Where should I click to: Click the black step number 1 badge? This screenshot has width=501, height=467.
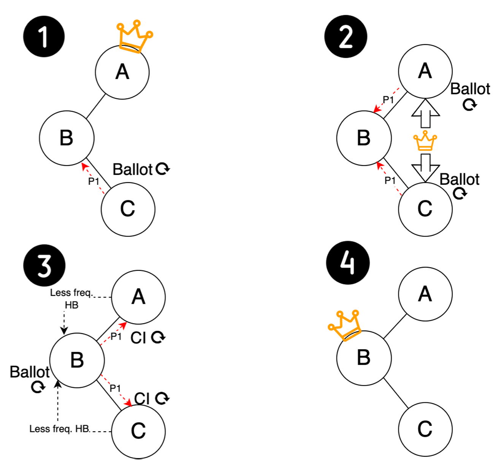click(x=44, y=37)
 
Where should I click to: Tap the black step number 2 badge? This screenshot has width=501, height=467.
click(x=346, y=37)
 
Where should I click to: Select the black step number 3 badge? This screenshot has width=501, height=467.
click(x=44, y=265)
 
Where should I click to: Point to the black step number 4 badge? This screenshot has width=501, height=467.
click(x=347, y=263)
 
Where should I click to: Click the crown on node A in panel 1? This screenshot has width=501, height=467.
click(x=134, y=36)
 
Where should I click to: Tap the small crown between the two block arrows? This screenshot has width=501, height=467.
click(x=425, y=141)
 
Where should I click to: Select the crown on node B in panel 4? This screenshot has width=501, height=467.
click(x=344, y=325)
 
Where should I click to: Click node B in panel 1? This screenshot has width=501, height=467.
click(x=67, y=138)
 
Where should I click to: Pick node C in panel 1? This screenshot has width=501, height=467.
click(x=128, y=209)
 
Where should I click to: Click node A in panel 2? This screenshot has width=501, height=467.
click(x=425, y=71)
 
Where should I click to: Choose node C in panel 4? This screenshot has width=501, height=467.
click(x=425, y=429)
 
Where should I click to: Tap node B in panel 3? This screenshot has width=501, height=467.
click(x=77, y=360)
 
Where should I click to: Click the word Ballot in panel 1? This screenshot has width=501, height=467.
click(x=132, y=170)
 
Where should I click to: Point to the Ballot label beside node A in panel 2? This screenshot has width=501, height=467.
click(x=470, y=89)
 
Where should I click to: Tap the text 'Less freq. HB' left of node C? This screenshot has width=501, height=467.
click(x=60, y=429)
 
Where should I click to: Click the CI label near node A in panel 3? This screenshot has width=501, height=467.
click(x=138, y=338)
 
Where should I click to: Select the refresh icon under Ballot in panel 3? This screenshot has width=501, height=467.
click(x=38, y=387)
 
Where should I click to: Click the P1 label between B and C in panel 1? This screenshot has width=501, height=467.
click(x=94, y=181)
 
